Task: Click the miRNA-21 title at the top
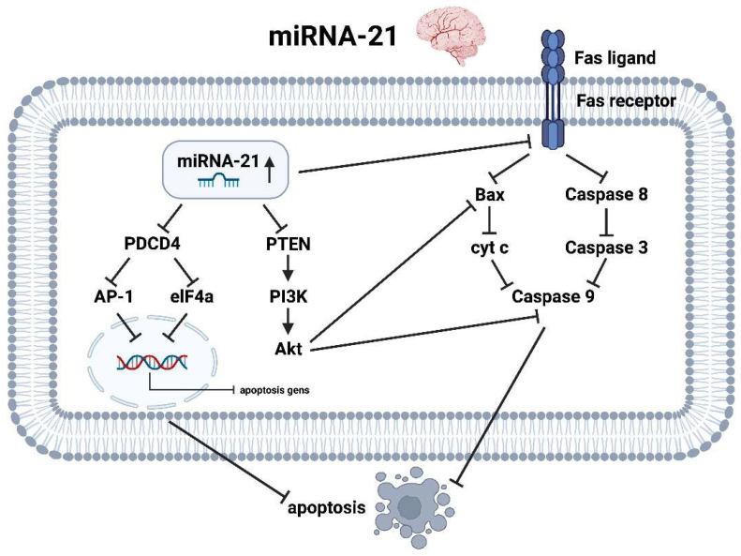click(332, 41)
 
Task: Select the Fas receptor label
click(625, 99)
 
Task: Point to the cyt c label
click(487, 246)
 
